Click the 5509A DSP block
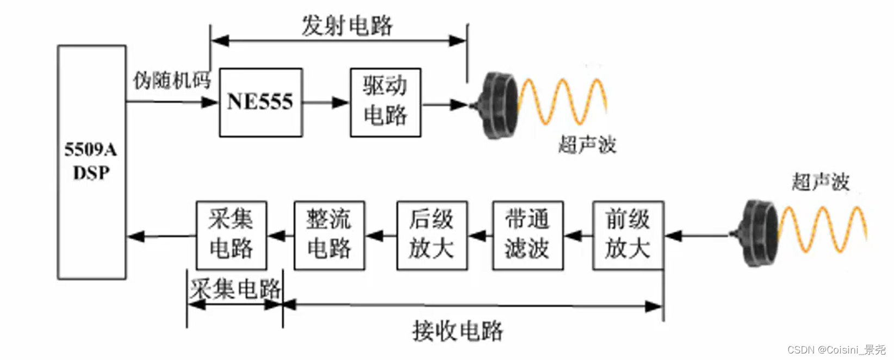pos(91,162)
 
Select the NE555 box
pos(260,102)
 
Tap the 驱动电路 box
pos(385,102)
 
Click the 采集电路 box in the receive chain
pos(231,235)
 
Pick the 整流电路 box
pos(329,235)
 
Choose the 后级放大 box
pos(432,235)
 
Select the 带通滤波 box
pos(527,235)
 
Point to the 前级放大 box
pos(628,235)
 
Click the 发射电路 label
pos(347,26)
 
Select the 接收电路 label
pos(457,331)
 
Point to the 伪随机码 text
pos(172,81)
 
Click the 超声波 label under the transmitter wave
pos(587,145)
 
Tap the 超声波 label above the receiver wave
pos(820,182)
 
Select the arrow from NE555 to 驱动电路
pos(326,102)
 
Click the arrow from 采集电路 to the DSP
pos(161,236)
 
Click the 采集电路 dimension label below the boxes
pos(235,288)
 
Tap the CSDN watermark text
pos(836,350)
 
